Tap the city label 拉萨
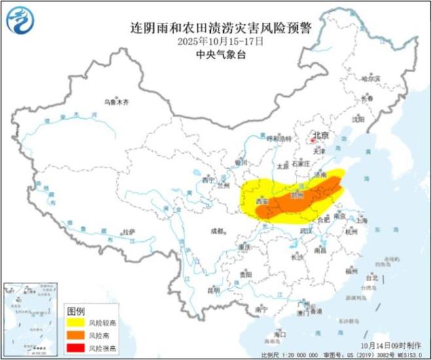[x=128, y=232]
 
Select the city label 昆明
[x=214, y=290]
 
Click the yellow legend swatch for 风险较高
[x=81, y=323]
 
